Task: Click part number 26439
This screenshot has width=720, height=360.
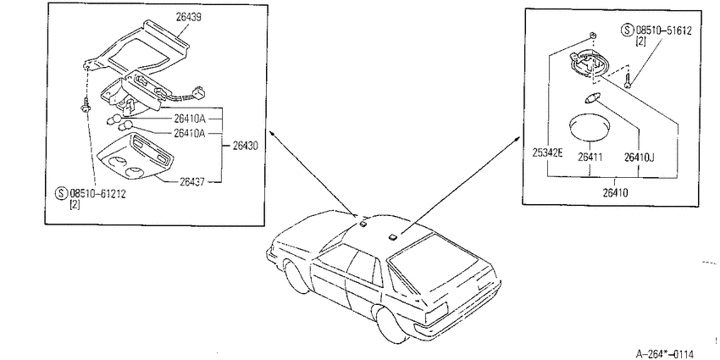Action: [189, 17]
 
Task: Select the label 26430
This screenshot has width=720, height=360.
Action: [245, 146]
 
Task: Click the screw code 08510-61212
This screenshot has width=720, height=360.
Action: [97, 193]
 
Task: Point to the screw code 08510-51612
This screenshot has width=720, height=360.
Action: [663, 30]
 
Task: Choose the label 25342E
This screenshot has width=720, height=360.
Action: [547, 153]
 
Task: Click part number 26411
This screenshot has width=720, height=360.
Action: [590, 157]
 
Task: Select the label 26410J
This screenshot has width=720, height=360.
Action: [639, 157]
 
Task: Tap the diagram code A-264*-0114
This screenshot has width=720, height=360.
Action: [664, 353]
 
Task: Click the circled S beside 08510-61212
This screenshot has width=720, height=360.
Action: [62, 193]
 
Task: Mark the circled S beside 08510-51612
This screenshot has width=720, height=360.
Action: [627, 30]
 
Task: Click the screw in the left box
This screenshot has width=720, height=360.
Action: [86, 106]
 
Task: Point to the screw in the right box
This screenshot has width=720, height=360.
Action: [628, 83]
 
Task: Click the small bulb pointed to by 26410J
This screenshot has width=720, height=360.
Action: [589, 98]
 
